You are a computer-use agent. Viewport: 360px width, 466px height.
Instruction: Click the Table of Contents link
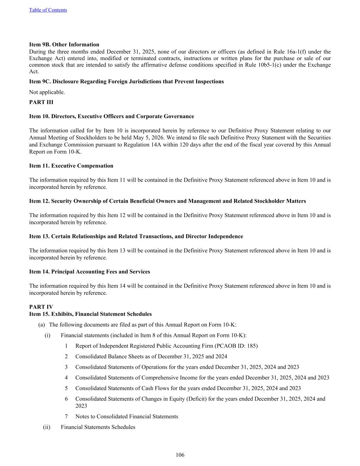(48, 10)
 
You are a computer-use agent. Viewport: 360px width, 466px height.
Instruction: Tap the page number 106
(180, 455)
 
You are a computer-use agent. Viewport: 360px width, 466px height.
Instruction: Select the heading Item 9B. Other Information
(64, 44)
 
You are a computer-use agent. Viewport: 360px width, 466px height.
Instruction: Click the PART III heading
(41, 102)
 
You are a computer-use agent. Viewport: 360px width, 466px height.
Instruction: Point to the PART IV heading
(41, 307)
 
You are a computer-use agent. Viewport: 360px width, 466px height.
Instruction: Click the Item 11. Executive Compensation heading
(71, 166)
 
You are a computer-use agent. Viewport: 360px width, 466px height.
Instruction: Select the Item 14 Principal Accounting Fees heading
(89, 271)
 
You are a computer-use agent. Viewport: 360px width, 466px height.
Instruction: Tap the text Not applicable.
(47, 92)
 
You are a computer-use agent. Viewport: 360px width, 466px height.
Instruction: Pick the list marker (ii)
(46, 427)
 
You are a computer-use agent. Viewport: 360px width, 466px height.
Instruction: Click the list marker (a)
(41, 325)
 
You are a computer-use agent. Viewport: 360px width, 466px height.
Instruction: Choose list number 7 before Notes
(66, 416)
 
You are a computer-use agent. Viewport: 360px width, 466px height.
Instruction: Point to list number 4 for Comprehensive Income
(66, 378)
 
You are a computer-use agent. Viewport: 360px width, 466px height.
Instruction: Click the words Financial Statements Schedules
(98, 427)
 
